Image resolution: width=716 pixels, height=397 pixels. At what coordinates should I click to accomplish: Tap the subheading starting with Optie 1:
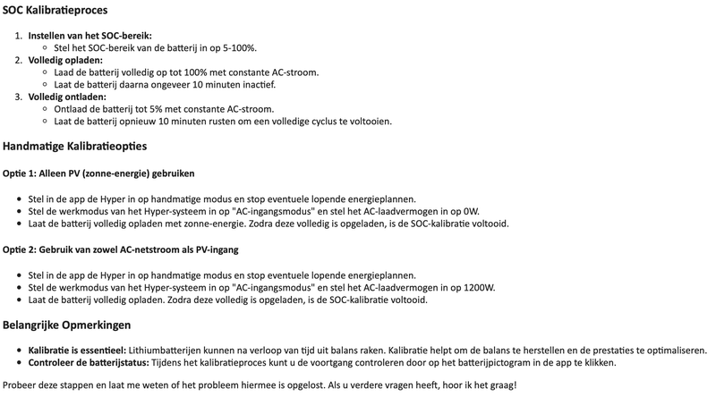98,173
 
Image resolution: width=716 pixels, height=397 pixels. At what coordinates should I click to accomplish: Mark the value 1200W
476,288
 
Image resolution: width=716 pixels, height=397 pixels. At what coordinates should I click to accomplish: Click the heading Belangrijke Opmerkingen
67,325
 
